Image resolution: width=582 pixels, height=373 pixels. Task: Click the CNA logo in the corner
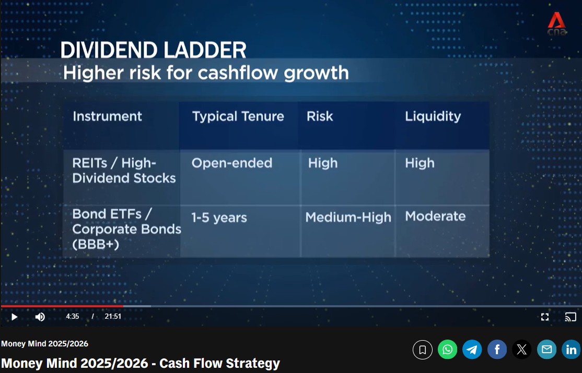point(557,23)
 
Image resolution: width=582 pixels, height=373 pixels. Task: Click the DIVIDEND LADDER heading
point(153,50)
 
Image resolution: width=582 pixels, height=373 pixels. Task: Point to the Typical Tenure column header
point(238,116)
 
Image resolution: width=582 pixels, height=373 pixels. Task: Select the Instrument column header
point(107,116)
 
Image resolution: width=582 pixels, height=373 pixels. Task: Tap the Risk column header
point(320,116)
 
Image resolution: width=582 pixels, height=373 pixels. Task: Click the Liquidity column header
point(433,117)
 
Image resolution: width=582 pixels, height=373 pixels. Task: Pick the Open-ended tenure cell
point(231,163)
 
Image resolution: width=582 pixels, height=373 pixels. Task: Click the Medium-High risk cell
point(348,217)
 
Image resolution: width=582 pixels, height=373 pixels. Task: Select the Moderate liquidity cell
point(435,216)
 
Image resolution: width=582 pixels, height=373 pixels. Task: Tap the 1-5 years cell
point(219,218)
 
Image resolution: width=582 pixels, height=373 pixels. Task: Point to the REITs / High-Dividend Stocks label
point(124,171)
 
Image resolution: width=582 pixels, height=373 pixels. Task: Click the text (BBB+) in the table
point(96,244)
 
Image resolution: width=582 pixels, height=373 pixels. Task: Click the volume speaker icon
point(40,317)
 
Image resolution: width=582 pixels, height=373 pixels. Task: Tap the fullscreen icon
point(544,317)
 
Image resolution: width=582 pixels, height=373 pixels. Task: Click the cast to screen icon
point(571,317)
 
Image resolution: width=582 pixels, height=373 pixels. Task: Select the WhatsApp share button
point(447,350)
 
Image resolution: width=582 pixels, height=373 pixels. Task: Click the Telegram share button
point(472,350)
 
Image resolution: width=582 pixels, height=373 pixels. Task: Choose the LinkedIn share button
point(571,350)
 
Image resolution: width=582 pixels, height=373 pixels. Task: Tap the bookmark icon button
point(423,350)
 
